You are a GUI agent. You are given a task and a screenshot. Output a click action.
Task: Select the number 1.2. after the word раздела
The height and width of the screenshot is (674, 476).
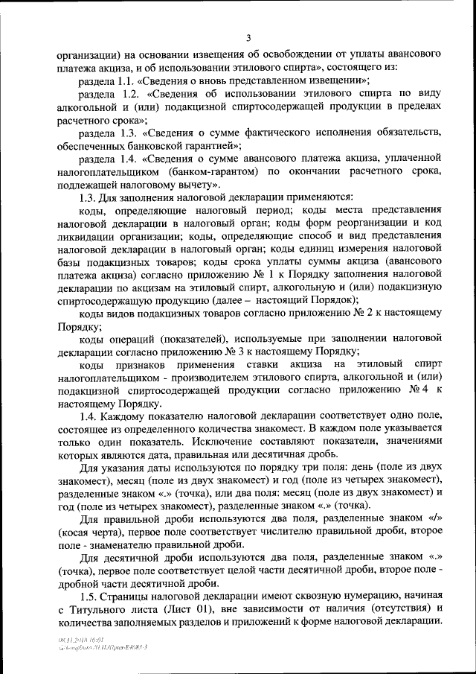[x=126, y=94]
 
